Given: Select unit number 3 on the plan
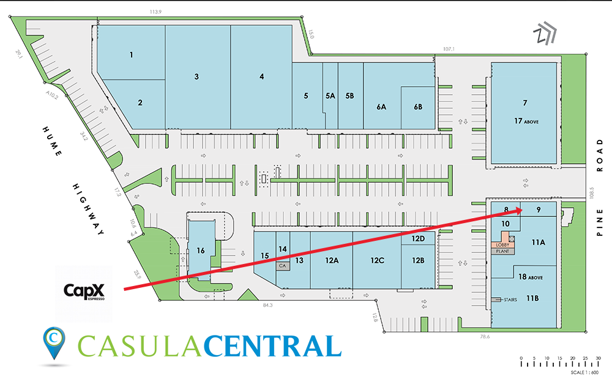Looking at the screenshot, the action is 196,77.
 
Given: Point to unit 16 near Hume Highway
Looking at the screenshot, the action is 200,250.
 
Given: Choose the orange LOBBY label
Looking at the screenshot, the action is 502,244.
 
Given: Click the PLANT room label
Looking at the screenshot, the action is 502,251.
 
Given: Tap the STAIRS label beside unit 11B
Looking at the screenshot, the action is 510,300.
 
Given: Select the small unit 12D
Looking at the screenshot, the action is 418,238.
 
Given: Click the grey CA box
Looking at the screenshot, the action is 283,266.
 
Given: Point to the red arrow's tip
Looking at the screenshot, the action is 521,210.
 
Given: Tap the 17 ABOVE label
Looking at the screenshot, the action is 526,122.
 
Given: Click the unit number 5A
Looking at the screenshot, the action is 330,96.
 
